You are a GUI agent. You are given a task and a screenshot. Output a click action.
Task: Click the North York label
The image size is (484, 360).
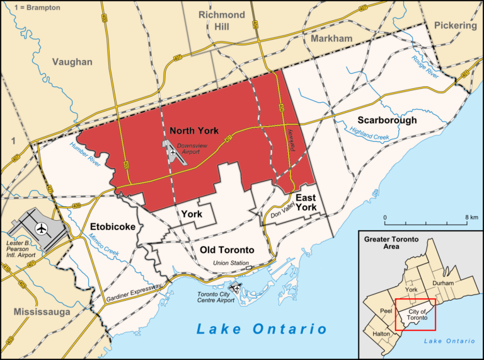click(194, 131)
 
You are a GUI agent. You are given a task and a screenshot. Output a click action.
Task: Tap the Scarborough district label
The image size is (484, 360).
click(387, 120)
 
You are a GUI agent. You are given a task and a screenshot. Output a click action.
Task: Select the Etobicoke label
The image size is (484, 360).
click(112, 226)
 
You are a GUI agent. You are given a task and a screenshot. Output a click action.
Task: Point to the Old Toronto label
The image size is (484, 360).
click(227, 250)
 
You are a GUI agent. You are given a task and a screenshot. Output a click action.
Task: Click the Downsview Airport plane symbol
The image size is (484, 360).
click(174, 151)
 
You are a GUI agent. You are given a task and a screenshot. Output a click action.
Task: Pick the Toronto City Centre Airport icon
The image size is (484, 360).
click(237, 287)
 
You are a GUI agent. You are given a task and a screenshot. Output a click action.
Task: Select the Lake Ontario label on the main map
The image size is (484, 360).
click(262, 328)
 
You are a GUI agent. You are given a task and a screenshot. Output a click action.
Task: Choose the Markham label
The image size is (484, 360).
click(331, 39)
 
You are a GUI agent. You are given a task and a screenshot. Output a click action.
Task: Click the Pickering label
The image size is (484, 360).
click(454, 26)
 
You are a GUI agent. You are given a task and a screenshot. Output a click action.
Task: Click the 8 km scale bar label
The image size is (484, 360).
click(471, 218)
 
